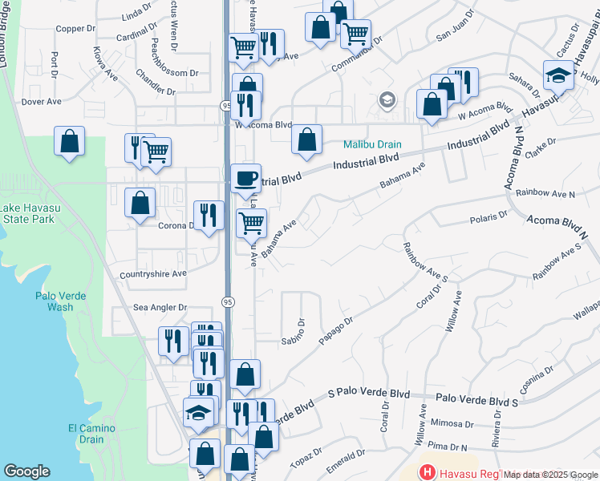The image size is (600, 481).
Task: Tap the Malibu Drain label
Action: (371, 145)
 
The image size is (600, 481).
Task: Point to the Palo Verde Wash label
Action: (55, 301)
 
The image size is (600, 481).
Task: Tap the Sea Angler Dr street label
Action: (160, 307)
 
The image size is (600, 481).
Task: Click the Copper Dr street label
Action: (76, 28)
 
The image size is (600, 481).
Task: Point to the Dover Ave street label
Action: (42, 102)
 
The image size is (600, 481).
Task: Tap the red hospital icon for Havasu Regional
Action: (428, 472)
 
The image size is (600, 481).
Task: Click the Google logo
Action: (26, 471)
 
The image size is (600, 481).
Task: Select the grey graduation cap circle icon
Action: (387, 100)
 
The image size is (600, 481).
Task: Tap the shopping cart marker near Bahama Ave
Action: (252, 222)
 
